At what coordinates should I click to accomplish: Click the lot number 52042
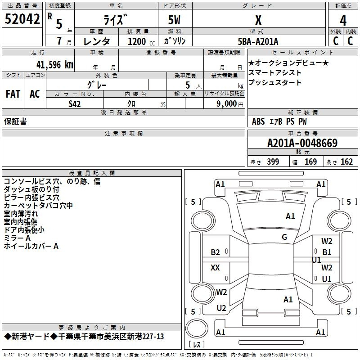click(22, 19)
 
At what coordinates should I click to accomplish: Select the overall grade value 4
click(343, 21)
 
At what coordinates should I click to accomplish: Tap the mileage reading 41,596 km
click(55, 65)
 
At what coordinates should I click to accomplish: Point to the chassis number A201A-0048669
click(302, 143)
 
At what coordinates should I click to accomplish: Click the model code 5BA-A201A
click(258, 41)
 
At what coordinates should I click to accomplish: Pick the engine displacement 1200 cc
click(141, 41)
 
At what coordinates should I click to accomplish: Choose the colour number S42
click(75, 104)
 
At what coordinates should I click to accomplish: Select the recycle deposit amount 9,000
click(227, 103)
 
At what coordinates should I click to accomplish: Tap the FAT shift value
click(13, 94)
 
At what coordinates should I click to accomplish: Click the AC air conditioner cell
click(35, 94)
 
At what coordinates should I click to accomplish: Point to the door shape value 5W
click(174, 20)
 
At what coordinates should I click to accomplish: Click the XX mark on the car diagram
click(215, 267)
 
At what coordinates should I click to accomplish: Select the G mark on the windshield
click(284, 237)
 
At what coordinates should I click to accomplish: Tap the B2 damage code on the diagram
click(215, 252)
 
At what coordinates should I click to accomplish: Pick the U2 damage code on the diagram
click(221, 308)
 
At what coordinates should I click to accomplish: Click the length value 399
click(273, 162)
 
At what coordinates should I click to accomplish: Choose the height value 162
click(346, 162)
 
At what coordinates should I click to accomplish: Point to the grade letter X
click(258, 20)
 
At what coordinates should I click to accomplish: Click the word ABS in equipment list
click(258, 121)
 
